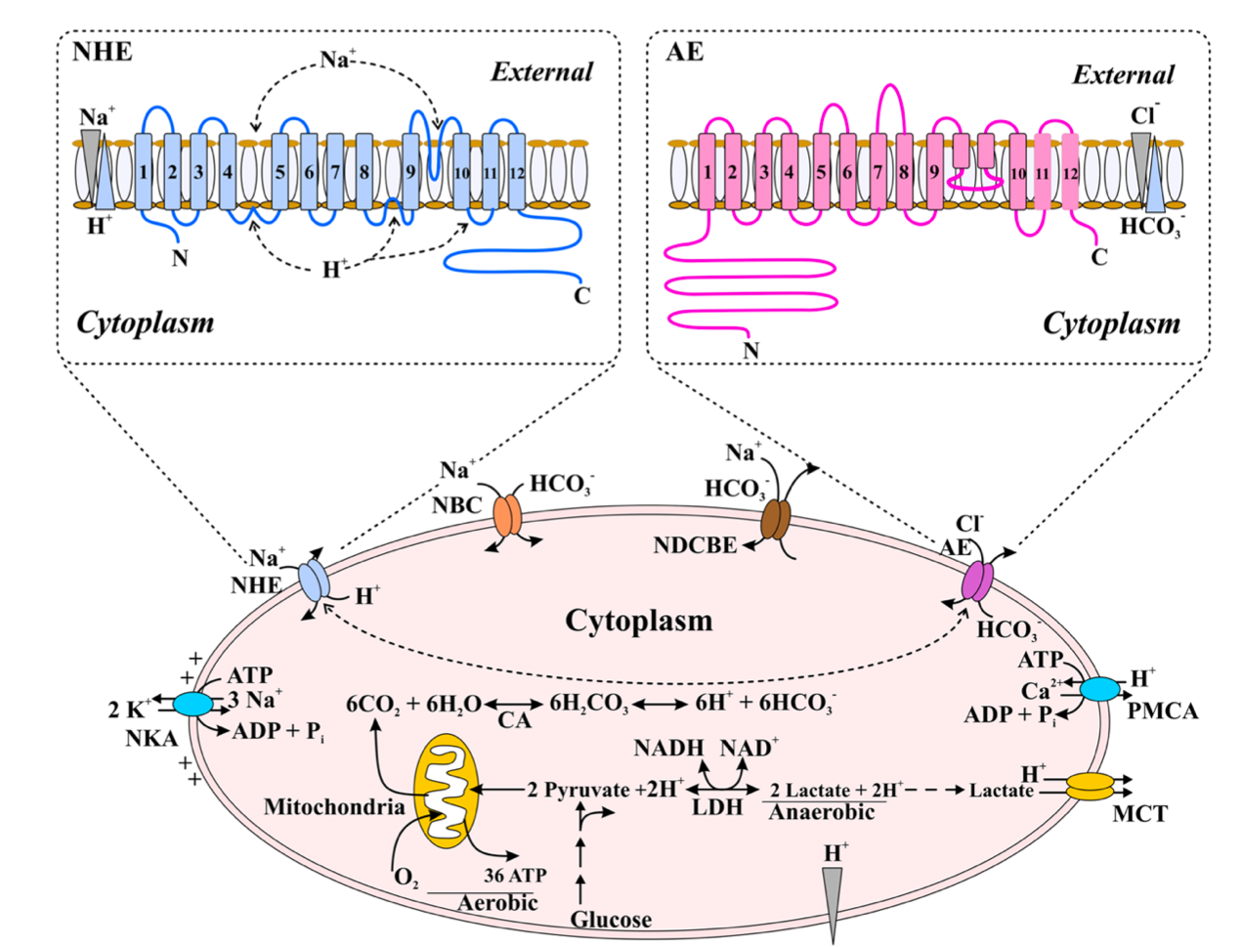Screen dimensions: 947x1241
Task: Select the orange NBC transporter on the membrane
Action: click(508, 516)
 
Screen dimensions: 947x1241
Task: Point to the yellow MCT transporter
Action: click(1091, 787)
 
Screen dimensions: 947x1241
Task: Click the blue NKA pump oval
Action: click(193, 704)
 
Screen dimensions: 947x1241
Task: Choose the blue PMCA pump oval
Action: click(1100, 689)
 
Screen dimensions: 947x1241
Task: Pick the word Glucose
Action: click(611, 920)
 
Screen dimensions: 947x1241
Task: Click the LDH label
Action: click(717, 808)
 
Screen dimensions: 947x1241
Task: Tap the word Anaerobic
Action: click(822, 812)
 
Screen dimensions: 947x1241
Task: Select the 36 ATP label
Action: click(515, 876)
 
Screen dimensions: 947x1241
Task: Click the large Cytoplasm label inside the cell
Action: click(639, 622)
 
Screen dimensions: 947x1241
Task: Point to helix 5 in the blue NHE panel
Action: click(280, 173)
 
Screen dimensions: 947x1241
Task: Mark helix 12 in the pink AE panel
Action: click(1070, 173)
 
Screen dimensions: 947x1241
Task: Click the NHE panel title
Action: click(103, 51)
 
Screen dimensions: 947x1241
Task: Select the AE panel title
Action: click(684, 51)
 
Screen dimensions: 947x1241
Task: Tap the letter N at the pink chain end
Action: click(750, 350)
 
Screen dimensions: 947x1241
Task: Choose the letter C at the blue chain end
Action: click(582, 295)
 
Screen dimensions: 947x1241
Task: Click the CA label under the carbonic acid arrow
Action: click(514, 721)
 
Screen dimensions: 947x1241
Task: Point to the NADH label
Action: click(668, 749)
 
